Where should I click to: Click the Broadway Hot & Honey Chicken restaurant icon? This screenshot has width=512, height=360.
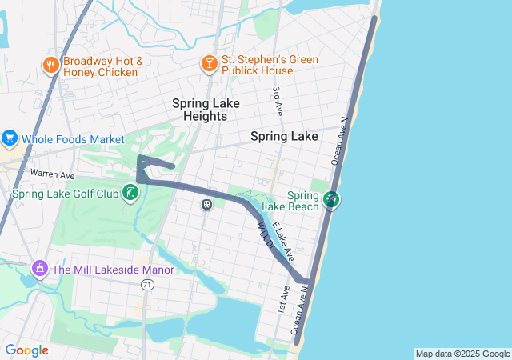click(50, 66)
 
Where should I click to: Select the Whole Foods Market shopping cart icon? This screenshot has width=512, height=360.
click(10, 138)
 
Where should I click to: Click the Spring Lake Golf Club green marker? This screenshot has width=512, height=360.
click(129, 193)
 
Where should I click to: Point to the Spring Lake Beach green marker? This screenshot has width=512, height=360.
click(332, 200)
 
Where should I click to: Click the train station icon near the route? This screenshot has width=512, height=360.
click(206, 204)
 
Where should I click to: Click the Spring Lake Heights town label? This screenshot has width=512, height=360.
click(200, 110)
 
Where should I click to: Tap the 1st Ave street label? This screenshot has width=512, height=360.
click(283, 298)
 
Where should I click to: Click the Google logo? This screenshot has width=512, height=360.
click(27, 350)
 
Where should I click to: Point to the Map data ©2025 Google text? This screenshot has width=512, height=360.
click(462, 354)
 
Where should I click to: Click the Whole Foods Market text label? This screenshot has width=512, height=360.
click(73, 139)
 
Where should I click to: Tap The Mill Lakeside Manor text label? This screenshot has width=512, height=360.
click(113, 270)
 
